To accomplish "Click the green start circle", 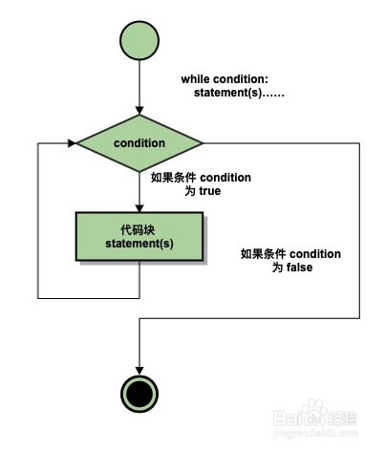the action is coord(139,40).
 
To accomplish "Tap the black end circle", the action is coord(139,394).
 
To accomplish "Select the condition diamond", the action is coord(139,143).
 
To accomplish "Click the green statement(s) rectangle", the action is coord(139,236).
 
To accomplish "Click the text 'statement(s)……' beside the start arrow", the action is coord(239,93).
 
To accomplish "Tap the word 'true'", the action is coord(210,191).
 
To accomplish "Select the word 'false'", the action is coord(299,268).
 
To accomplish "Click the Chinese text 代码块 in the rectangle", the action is coord(138,229).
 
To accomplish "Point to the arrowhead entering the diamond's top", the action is coord(139,111).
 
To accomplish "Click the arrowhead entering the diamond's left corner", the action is coord(73,143).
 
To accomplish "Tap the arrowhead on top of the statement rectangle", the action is coord(139,208).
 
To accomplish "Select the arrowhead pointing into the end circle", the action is coord(139,371).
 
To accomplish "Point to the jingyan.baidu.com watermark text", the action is coord(315,433).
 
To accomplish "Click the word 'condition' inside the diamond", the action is coord(139,143).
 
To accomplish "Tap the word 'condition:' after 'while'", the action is coord(241,79).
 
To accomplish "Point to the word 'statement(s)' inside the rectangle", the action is coord(139,244).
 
